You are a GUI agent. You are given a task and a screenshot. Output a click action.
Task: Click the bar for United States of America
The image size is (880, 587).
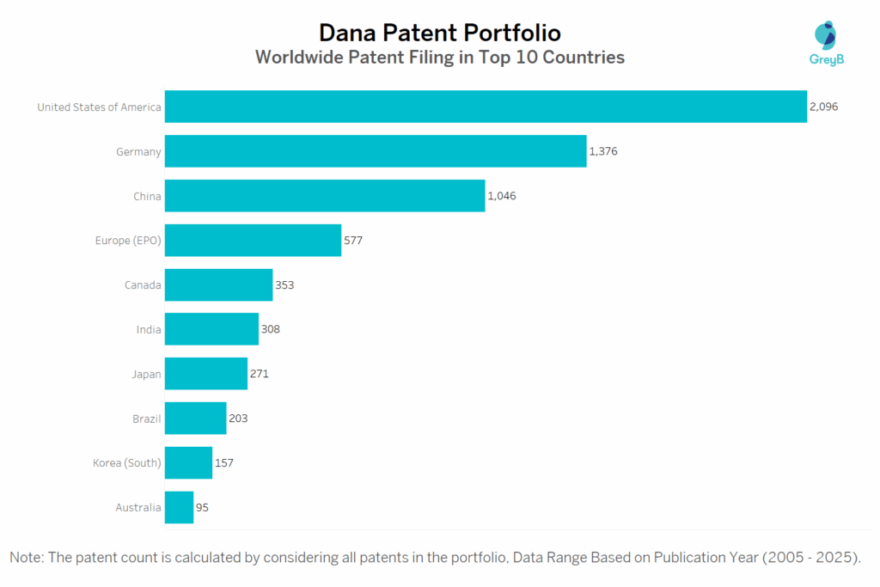pos(486,107)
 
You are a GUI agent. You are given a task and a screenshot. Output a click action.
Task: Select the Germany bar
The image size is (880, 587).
pos(376,151)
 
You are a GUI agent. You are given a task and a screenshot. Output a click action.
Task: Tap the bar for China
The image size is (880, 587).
pos(325,196)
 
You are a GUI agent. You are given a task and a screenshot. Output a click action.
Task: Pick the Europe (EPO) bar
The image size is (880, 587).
pos(253,241)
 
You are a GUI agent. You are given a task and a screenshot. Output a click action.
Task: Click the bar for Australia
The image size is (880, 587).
pos(179,507)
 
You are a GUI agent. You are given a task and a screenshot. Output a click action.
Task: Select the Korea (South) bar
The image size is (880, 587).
pos(188,462)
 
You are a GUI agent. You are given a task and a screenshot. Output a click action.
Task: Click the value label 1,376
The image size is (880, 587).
pos(603,151)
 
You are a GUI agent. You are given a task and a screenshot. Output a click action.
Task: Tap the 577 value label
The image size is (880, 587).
pos(353,241)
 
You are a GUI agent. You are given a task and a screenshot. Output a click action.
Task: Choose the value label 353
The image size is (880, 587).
pos(284,284)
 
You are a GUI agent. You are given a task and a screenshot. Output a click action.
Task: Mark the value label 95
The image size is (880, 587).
pos(202,507)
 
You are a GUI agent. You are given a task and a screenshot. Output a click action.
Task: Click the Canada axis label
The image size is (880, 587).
pos(143,284)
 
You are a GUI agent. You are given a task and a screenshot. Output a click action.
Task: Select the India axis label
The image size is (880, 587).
pos(149,329)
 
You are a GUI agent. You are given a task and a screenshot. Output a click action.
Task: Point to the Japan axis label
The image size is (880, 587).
pos(146,374)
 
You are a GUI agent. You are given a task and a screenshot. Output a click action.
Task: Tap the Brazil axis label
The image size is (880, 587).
pos(146,419)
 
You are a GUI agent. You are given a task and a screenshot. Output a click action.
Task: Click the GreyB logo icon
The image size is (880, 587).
pos(825,36)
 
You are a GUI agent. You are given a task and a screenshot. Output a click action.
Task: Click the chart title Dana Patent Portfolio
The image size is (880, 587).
pos(439,33)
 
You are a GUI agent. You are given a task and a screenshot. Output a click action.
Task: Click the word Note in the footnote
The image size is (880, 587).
pos(27,557)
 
